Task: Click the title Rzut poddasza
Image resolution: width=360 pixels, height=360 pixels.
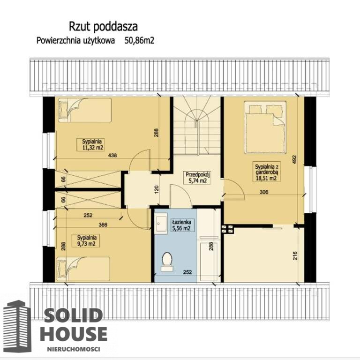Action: coord(103,27)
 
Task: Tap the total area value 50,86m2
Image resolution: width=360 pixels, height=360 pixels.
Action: coord(139,41)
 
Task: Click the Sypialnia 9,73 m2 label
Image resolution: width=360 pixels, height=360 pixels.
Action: coord(87,240)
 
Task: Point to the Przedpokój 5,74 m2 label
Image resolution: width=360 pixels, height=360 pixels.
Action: coord(198,178)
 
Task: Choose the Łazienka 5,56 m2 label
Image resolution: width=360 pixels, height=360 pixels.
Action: coord(181,225)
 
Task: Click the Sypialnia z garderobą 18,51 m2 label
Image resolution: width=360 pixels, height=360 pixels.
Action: coord(267,172)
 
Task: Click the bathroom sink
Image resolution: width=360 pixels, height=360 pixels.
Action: coord(161,223)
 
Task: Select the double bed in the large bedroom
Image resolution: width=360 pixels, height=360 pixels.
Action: coord(265,127)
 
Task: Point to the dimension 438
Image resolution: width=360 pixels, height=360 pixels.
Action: coord(112,156)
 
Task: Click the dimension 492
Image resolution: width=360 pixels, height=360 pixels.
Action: coord(295,160)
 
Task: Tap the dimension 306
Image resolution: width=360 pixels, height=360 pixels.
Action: coord(264,192)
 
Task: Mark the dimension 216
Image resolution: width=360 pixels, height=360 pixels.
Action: coord(295,256)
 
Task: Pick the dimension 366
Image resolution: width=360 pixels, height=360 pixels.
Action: coord(103,225)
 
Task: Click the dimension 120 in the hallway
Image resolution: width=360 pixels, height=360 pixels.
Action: coord(157,190)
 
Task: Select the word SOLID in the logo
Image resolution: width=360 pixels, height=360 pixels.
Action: coord(73,315)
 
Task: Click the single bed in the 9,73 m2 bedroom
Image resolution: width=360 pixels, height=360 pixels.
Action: coord(83,269)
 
